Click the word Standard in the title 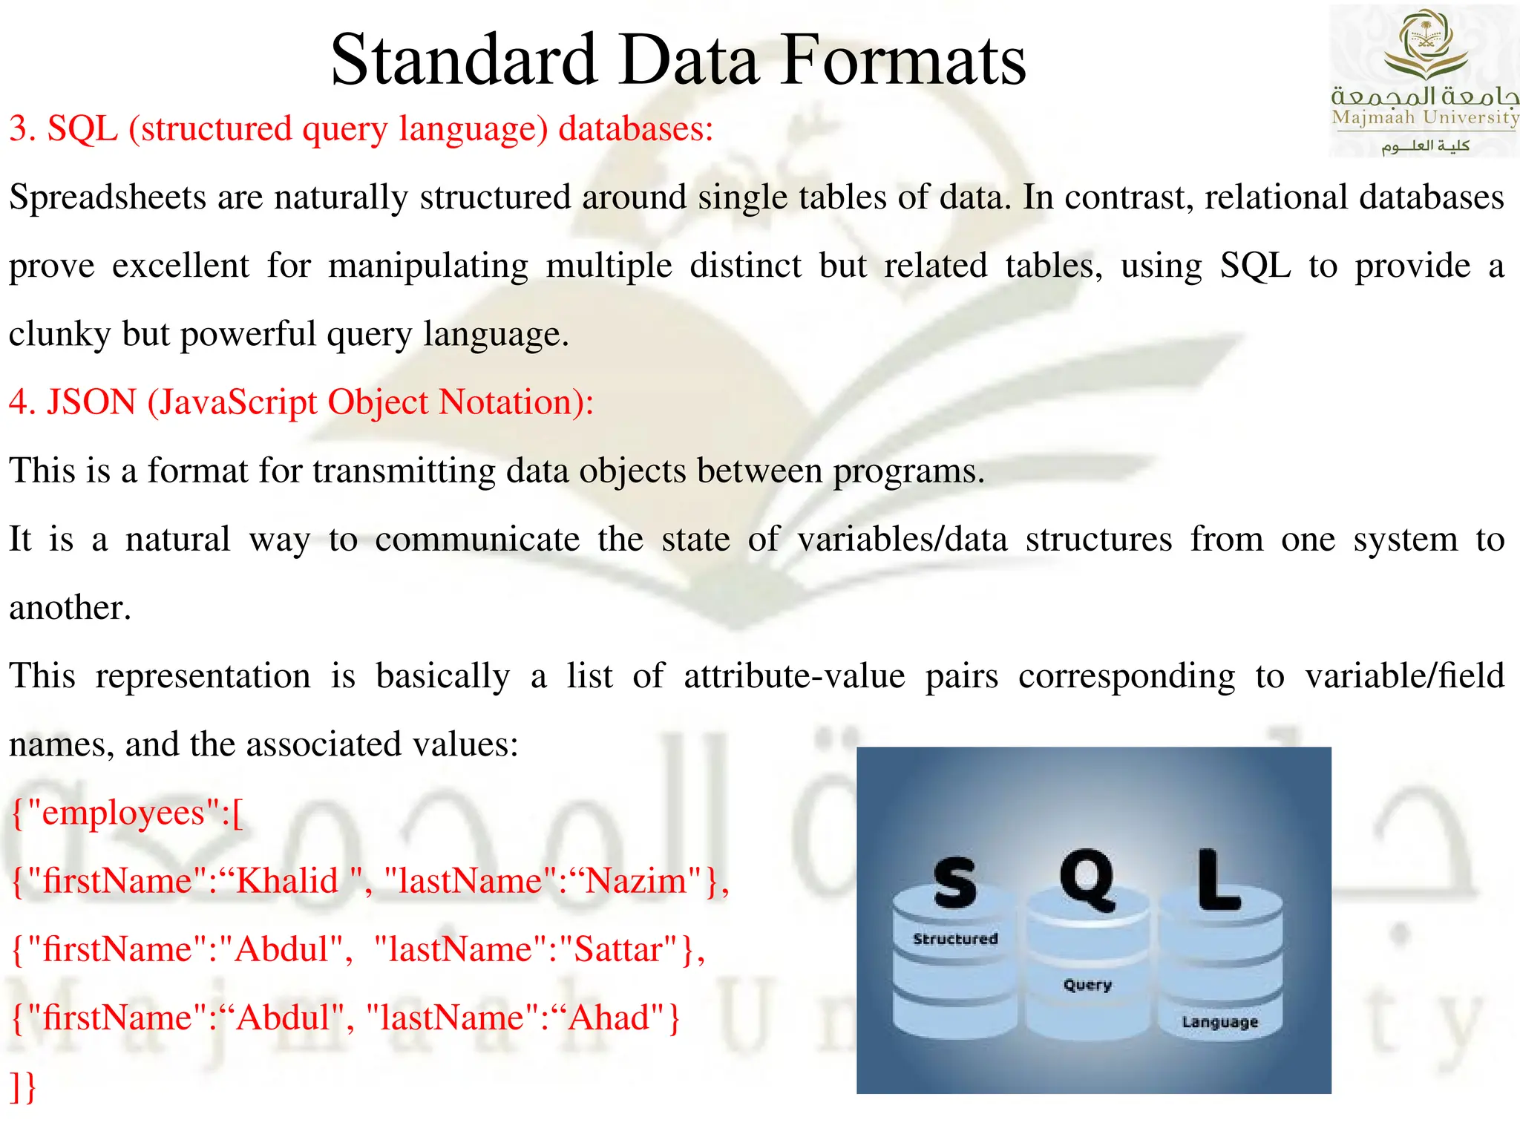click(x=464, y=61)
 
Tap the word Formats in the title click(x=903, y=61)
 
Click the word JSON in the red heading click(x=91, y=402)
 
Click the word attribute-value click(x=794, y=677)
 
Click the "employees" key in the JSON click(x=123, y=813)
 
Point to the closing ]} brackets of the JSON click(x=23, y=1087)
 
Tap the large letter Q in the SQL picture click(x=1087, y=879)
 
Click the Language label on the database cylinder click(x=1219, y=1022)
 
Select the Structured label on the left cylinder click(x=955, y=939)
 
